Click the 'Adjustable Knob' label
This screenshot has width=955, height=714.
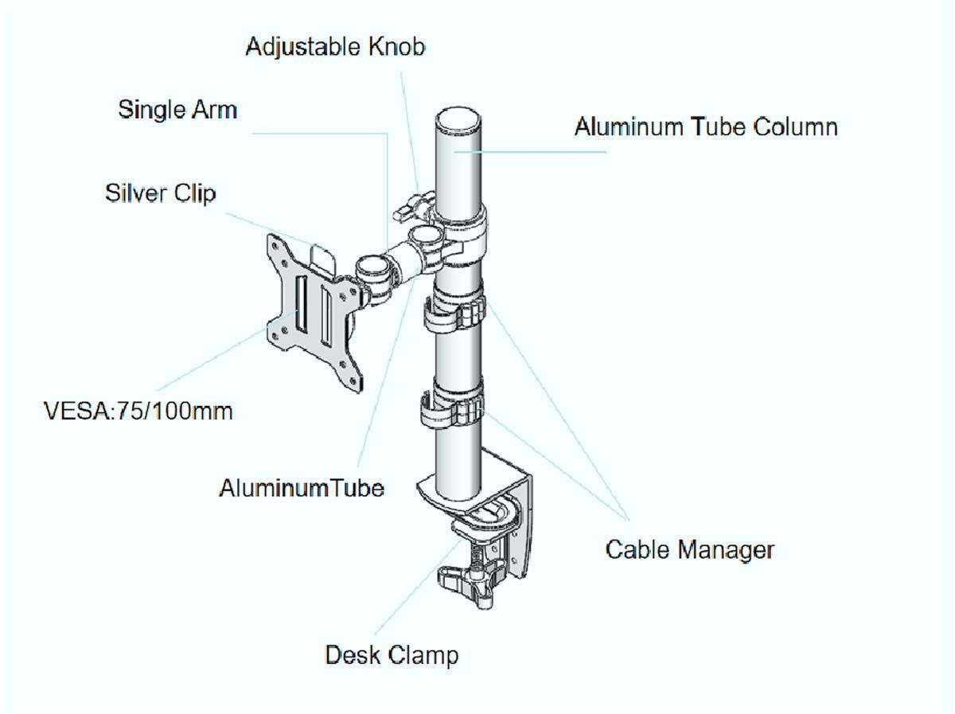coord(335,47)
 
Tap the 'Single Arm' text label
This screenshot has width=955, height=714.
coord(177,110)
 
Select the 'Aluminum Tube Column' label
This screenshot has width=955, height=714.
coord(706,127)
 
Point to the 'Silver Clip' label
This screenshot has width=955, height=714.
coord(160,193)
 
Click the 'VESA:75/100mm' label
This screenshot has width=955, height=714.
coord(138,412)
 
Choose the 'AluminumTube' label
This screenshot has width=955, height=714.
coord(302,488)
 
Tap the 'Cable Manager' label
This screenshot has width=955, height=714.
coord(690,550)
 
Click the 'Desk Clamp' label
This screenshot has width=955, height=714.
coord(392,655)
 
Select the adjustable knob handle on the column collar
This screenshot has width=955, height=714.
coord(413,206)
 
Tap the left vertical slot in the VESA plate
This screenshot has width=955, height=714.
coord(301,302)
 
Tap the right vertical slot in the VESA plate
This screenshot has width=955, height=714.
coord(326,316)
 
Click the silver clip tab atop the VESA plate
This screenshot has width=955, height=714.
coord(324,258)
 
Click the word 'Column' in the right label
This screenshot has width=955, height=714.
coord(795,127)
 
